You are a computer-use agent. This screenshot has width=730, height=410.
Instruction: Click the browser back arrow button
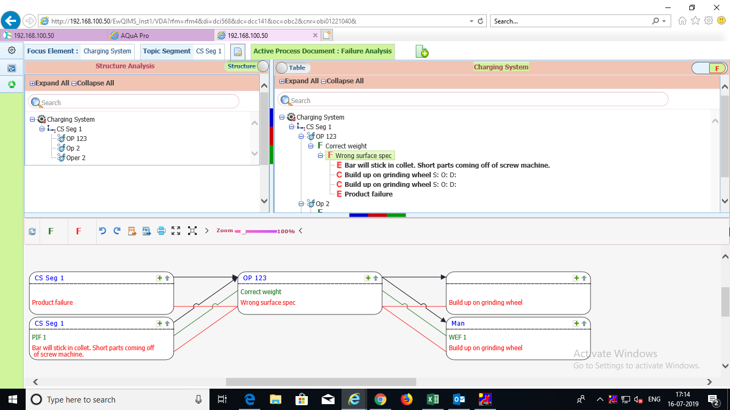pos(11,21)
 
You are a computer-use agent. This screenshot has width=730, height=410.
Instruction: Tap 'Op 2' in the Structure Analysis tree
pos(73,148)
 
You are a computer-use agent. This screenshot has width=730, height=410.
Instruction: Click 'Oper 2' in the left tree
pos(75,158)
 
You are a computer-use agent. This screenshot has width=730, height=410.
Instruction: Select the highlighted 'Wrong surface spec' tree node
pos(363,156)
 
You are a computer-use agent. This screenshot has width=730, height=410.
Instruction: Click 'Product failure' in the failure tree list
pos(369,194)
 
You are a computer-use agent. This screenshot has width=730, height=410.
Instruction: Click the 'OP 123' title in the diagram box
pos(255,278)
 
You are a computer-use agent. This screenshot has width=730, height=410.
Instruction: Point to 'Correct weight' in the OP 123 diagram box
pos(261,292)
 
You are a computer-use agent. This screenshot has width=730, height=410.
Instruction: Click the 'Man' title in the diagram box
pos(458,324)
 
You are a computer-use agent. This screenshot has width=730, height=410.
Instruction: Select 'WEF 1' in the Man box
pos(457,337)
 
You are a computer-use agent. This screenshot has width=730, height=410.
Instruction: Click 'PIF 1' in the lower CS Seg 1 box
pos(39,337)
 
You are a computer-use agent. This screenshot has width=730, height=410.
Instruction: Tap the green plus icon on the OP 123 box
pos(368,278)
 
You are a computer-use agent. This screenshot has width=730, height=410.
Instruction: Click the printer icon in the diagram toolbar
pos(161,231)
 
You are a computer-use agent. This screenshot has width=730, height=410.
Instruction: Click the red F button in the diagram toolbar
pos(79,231)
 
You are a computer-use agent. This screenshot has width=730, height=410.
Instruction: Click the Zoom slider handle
pos(243,232)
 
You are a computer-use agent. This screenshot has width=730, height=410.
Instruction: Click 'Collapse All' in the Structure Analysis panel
pos(93,83)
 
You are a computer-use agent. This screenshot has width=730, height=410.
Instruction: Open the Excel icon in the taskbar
pos(432,399)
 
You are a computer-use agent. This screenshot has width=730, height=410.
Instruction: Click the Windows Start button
pos(13,399)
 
